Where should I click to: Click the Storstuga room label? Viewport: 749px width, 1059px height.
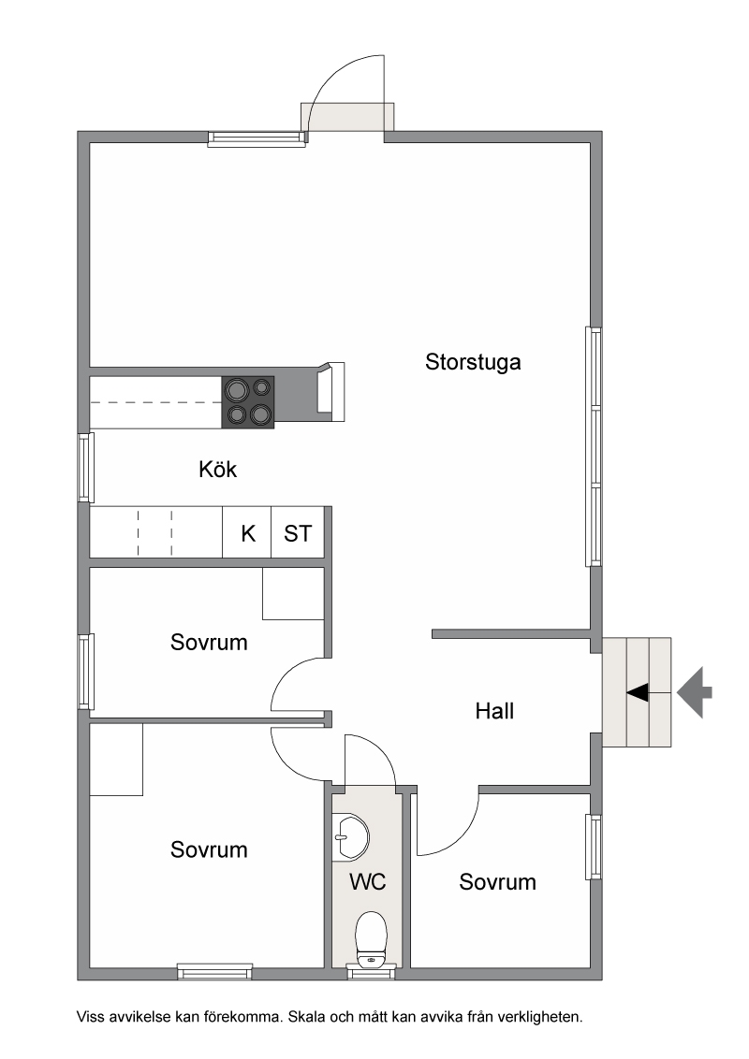click(473, 362)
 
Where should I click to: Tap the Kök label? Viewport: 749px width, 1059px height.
click(217, 469)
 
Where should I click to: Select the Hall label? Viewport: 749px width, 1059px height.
click(494, 710)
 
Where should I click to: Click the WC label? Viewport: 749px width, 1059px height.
click(368, 881)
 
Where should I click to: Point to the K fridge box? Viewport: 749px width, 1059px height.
click(247, 532)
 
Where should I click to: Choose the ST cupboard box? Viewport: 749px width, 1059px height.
click(298, 532)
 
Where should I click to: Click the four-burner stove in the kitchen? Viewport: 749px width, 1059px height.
click(248, 402)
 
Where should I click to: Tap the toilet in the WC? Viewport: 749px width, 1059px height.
click(371, 939)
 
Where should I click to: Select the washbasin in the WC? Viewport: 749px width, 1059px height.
click(350, 836)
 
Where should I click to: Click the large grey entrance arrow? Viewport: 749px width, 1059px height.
click(695, 691)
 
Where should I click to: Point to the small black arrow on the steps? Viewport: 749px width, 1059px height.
click(638, 691)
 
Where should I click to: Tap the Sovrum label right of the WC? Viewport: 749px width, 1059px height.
click(497, 881)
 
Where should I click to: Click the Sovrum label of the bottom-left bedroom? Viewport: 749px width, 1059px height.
click(209, 849)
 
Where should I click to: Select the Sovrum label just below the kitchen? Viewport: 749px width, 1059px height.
click(209, 642)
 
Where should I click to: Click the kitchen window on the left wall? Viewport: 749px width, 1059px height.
click(85, 467)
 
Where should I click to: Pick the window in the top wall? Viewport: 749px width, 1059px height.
click(257, 139)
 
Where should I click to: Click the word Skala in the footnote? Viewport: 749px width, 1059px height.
click(305, 1016)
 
